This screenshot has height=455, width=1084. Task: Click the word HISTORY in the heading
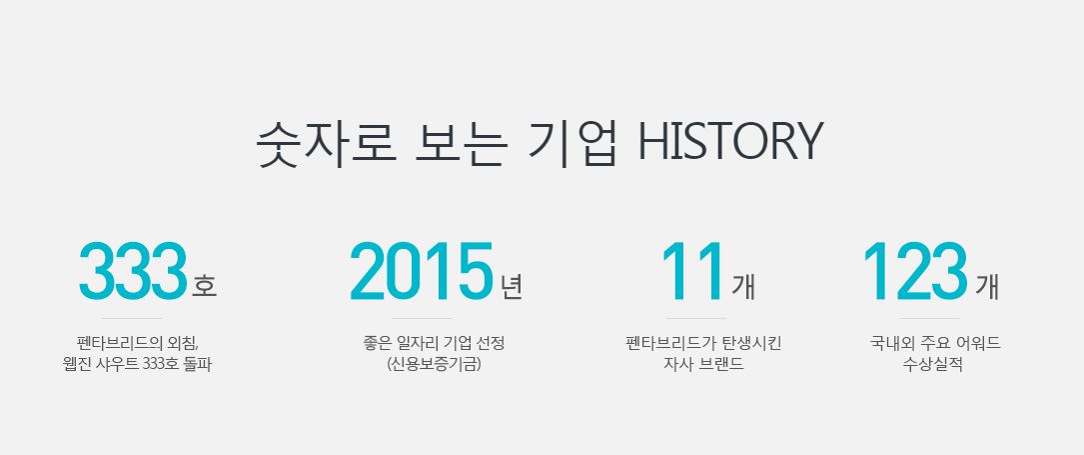point(730,141)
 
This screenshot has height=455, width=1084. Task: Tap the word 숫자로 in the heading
point(327,143)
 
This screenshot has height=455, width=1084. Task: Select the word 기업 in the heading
point(571,143)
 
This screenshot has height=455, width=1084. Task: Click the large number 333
point(133,271)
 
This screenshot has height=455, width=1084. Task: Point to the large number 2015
point(421,271)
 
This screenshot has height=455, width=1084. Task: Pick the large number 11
point(692,271)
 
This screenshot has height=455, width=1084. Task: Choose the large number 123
point(914,271)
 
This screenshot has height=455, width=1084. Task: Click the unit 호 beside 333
point(204,286)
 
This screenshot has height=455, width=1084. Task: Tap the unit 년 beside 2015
point(512,286)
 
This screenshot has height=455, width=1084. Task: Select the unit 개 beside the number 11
point(743,286)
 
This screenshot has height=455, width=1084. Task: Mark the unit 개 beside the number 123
point(987,286)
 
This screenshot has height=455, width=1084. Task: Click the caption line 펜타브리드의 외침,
point(138,342)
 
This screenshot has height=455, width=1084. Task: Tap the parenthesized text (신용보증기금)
point(435,364)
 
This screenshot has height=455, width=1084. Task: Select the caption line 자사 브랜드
point(703,364)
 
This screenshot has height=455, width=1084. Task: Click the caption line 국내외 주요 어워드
point(935,342)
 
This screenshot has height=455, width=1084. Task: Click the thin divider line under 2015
point(421,318)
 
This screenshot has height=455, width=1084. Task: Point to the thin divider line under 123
point(930,318)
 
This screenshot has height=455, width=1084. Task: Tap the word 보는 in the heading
point(462,143)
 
